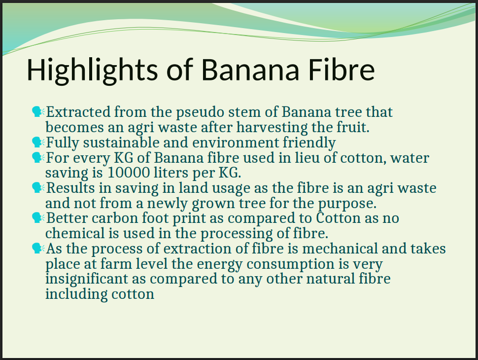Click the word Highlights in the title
[x=92, y=70]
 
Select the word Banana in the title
[x=250, y=70]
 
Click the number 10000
[x=129, y=173]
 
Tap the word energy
[x=219, y=264]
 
